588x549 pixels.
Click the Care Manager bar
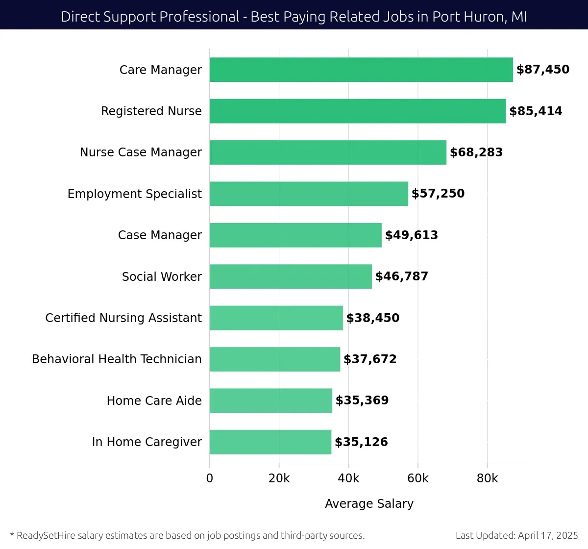[361, 70]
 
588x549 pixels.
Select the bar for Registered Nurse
[358, 111]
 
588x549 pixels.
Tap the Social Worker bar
[291, 276]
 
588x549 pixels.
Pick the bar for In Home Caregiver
[270, 442]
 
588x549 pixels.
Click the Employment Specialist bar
[309, 194]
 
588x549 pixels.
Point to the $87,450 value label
[543, 70]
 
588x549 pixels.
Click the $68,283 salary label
[476, 152]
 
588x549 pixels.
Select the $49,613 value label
[412, 235]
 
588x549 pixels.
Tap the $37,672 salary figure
[370, 359]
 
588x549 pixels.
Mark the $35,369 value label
[362, 400]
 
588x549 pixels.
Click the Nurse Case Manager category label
[141, 152]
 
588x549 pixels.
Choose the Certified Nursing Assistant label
[123, 318]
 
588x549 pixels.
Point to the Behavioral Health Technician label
[117, 359]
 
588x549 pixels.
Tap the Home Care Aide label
[154, 401]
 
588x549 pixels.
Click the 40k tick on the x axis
[348, 478]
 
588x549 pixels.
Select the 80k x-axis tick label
[487, 478]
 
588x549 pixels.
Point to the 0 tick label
[210, 478]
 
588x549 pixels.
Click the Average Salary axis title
[369, 504]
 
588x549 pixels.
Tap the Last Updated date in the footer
[517, 536]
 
